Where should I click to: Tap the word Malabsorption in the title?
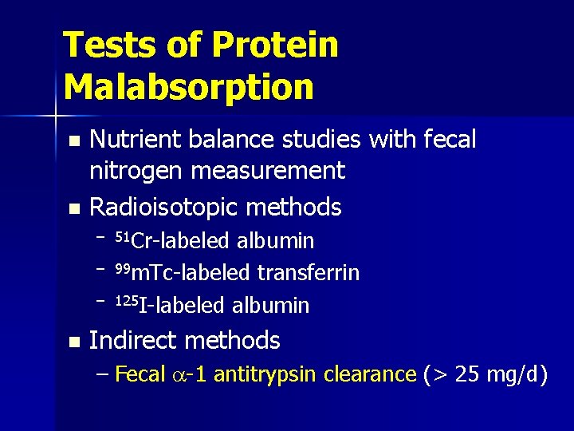tap(189, 87)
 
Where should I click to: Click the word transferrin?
tap(308, 273)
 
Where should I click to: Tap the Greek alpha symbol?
tap(177, 375)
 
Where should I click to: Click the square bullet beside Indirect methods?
tap(74, 342)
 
